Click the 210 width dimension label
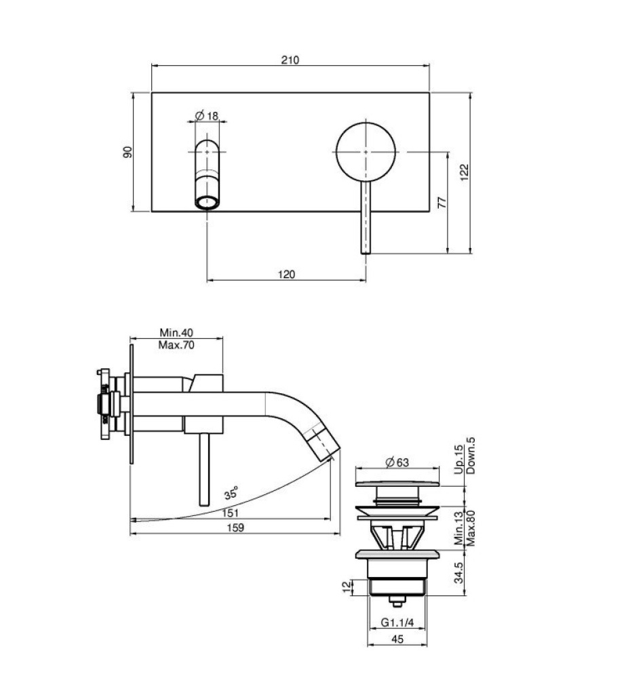coord(290,60)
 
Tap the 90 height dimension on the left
coord(128,152)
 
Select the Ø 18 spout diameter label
coord(207,115)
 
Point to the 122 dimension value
coord(464,172)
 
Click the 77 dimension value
coord(442,202)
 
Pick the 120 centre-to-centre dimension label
coord(286,274)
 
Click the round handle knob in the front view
coord(366,152)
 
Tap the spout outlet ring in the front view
coord(207,202)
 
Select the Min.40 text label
coord(176,332)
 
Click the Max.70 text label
coord(176,344)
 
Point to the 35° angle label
coord(231,493)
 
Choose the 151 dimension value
coord(230,513)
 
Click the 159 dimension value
coord(235,527)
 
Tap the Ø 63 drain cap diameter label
coord(397,462)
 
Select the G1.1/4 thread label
coord(397,622)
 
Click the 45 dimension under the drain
coord(397,639)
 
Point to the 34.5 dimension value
coord(459,572)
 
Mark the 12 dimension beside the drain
coord(347,586)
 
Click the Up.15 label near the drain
coord(459,459)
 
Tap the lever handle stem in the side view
coord(204,470)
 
